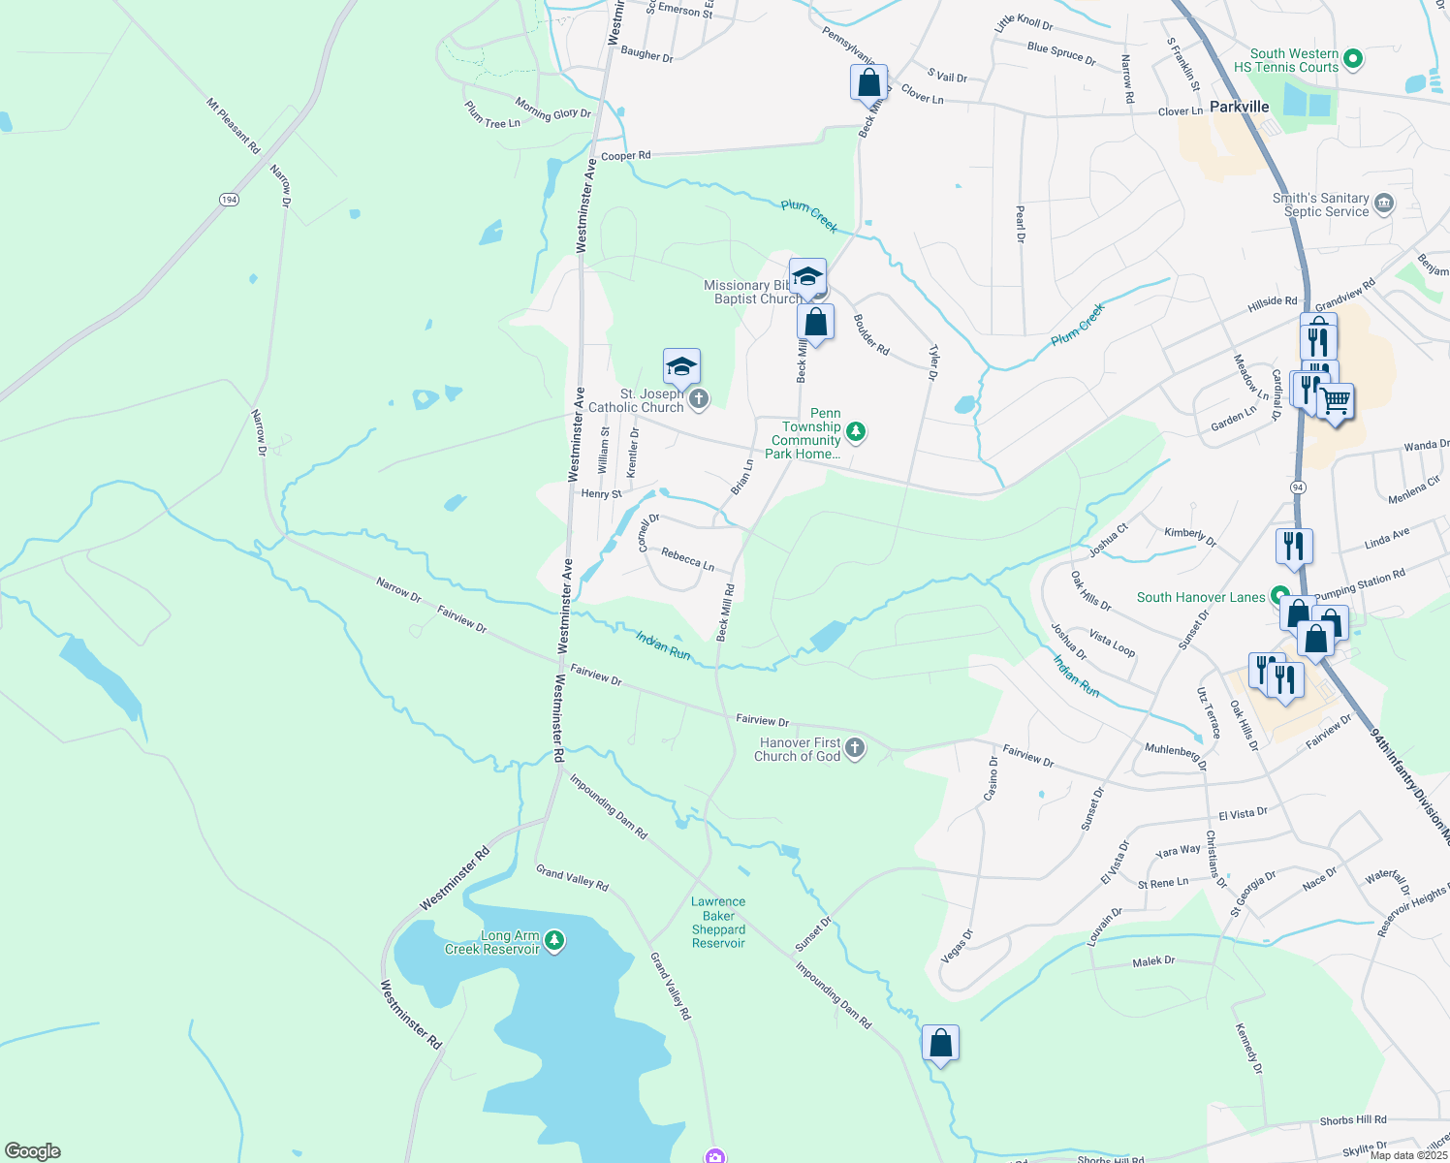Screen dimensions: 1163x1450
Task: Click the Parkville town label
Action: click(1239, 107)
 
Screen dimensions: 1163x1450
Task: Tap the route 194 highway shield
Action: click(229, 200)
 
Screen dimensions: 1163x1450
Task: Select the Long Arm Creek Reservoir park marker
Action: click(554, 940)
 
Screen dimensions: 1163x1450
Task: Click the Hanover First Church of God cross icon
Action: click(854, 747)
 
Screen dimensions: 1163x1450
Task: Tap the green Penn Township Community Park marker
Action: click(856, 431)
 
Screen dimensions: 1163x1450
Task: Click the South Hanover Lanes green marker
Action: click(1280, 596)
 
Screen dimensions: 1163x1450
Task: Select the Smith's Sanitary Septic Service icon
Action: click(1384, 204)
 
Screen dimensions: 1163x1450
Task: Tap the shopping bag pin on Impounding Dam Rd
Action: click(940, 1044)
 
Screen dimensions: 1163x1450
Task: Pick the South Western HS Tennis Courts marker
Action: click(1354, 59)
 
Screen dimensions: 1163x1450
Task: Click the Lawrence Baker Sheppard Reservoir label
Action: click(718, 922)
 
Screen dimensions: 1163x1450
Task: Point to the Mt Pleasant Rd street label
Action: click(234, 125)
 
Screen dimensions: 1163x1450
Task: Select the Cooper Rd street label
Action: click(625, 156)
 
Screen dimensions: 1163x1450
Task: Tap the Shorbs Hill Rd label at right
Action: click(1352, 1120)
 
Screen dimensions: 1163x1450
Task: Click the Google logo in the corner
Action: click(32, 1150)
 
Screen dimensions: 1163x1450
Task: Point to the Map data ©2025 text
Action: click(1407, 1155)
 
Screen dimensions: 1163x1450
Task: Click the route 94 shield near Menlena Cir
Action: click(1298, 487)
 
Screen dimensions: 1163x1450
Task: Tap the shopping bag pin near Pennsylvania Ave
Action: click(868, 82)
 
